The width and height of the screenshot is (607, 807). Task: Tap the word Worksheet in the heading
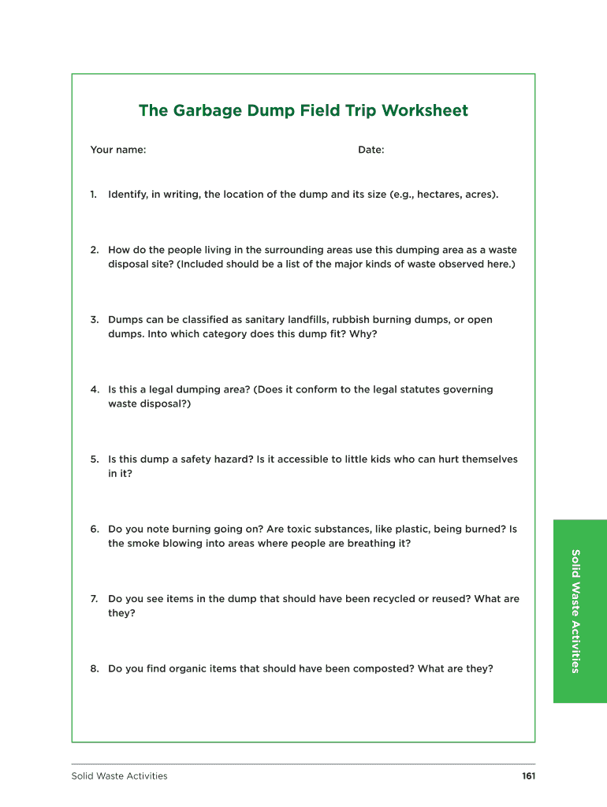425,111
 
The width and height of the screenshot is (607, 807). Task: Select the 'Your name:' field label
118,150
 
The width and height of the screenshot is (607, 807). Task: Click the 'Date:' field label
371,150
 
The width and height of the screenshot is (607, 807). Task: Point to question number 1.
94,194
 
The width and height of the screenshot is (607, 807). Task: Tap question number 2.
94,250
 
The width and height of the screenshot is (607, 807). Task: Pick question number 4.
94,389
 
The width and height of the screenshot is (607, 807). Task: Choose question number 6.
94,529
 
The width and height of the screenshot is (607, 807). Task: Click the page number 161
528,776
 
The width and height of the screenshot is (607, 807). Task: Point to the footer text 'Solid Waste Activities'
119,776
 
